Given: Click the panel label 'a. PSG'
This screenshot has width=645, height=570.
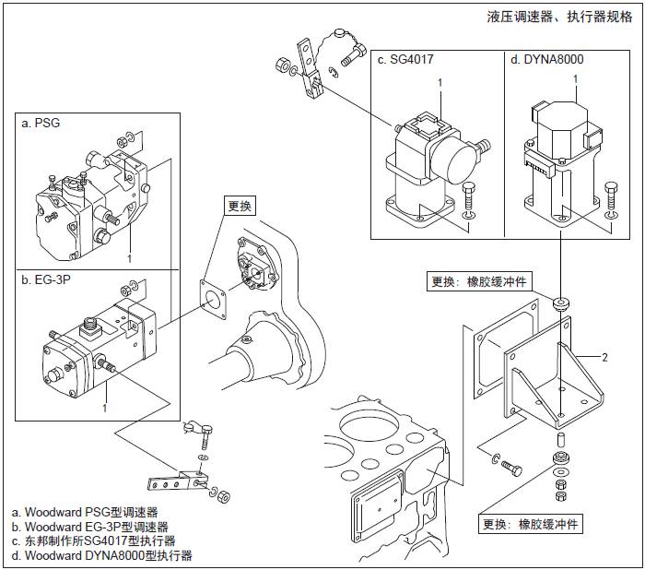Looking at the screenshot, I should [41, 123].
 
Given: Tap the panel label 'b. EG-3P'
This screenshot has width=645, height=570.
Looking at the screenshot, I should [46, 279].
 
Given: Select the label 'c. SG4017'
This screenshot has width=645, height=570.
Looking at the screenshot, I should [405, 59].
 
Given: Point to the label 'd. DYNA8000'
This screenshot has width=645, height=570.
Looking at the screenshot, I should [546, 59].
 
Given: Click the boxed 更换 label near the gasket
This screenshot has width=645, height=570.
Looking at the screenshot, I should [237, 206].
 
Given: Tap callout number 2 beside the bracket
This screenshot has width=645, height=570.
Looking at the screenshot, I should [604, 356].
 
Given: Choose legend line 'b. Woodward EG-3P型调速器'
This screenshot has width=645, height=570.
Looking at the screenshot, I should [89, 527].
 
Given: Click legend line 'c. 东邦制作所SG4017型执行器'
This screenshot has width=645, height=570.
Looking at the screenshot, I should [93, 541].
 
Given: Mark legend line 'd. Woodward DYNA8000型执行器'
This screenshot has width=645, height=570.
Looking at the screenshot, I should [102, 556].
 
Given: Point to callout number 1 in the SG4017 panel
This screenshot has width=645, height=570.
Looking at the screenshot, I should [440, 83].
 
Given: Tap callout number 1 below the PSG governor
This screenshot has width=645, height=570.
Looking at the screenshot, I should [130, 259].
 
